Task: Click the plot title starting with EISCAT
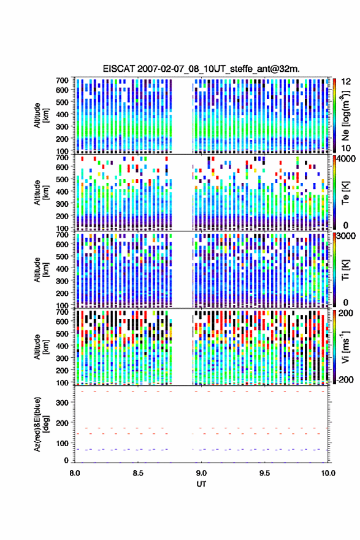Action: click(x=201, y=69)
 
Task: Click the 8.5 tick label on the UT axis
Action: click(x=138, y=473)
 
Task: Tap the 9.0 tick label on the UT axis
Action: click(x=201, y=473)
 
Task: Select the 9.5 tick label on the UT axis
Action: click(x=265, y=473)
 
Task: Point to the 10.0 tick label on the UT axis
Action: click(x=328, y=473)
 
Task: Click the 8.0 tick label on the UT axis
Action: click(x=75, y=473)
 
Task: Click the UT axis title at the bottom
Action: click(x=201, y=484)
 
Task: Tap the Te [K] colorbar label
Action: click(x=345, y=193)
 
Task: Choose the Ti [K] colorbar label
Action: click(x=345, y=269)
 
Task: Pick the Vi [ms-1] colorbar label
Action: click(x=345, y=347)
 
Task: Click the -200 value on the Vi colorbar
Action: click(x=345, y=379)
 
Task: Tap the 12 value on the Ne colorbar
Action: click(x=347, y=82)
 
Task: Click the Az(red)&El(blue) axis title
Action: click(x=41, y=424)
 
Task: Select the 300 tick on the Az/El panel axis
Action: click(x=63, y=403)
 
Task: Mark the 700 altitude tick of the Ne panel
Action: click(x=63, y=80)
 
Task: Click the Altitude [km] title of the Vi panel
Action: click(x=41, y=347)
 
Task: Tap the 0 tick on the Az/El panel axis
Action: click(x=66, y=460)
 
